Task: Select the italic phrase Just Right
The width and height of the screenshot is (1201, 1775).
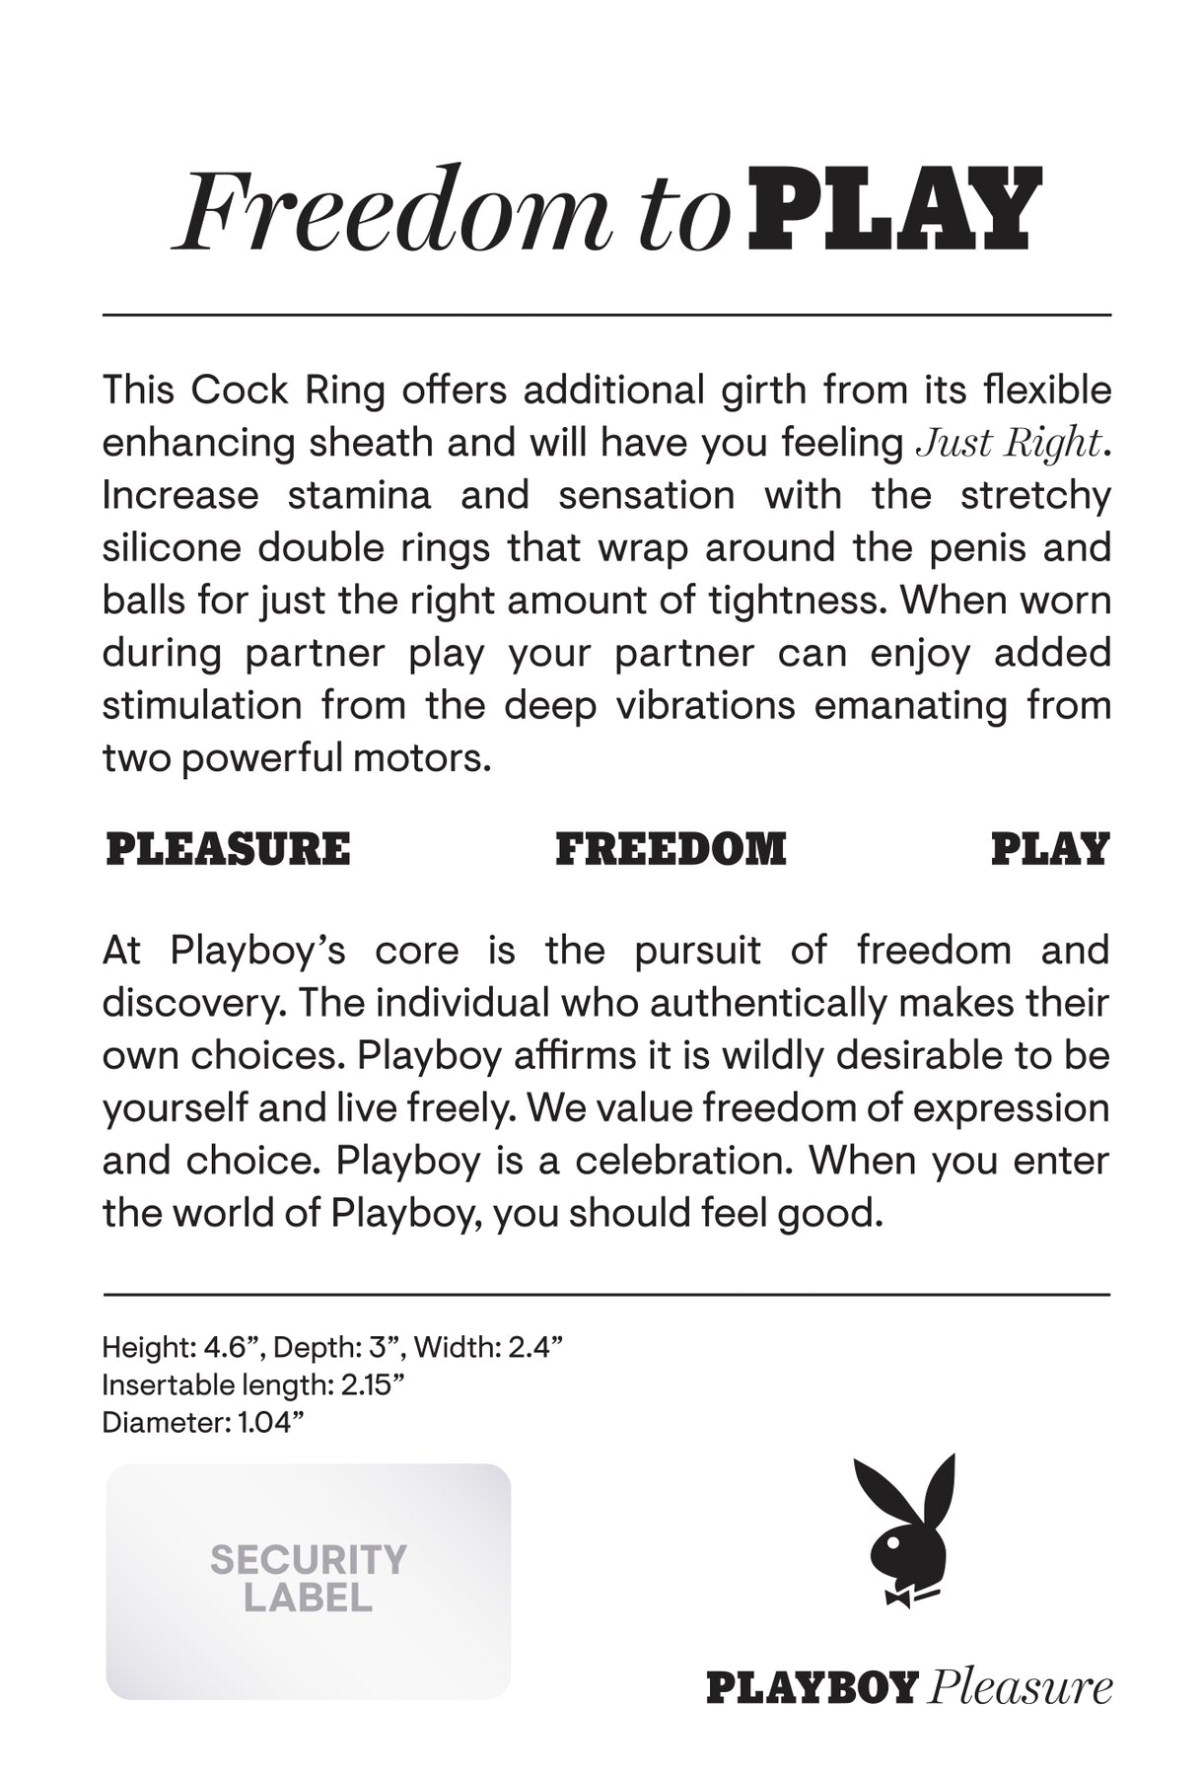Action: tap(1007, 444)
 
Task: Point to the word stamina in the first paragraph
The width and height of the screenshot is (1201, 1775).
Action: tap(359, 495)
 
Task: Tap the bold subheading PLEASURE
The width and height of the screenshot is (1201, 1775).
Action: tap(228, 850)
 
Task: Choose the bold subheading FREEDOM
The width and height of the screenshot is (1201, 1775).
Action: tap(671, 850)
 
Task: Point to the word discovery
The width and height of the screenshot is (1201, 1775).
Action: tap(193, 1003)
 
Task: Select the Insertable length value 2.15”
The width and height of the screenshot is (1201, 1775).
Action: tap(373, 1384)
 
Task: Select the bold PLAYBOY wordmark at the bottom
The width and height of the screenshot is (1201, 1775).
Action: tap(812, 1687)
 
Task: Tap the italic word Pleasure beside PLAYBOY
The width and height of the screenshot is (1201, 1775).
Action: tap(1020, 1687)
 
